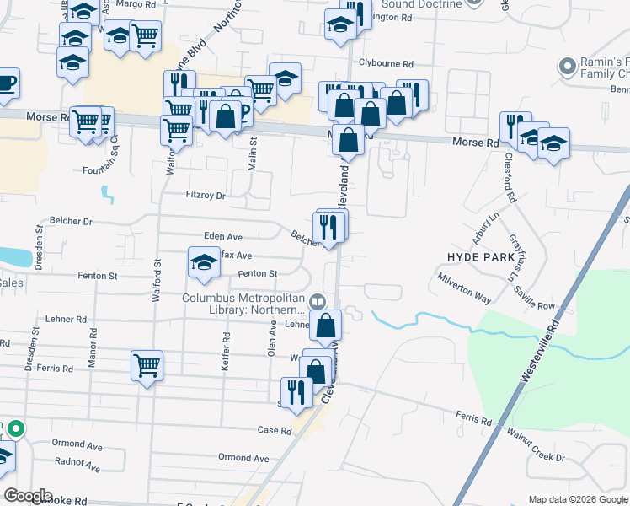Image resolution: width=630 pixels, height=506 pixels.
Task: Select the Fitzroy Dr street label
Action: (x=206, y=196)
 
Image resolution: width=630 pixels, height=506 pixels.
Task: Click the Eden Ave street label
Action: (x=223, y=238)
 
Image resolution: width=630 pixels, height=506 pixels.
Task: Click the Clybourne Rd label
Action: (x=386, y=64)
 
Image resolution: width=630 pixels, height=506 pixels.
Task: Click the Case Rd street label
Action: (x=275, y=430)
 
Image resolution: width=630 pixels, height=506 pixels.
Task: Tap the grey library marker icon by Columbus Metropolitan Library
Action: (x=318, y=300)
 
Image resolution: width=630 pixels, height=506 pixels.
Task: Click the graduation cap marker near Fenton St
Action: (x=204, y=264)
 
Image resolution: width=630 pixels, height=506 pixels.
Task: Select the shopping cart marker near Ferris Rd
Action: (x=147, y=365)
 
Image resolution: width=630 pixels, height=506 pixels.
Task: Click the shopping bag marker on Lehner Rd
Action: (x=325, y=324)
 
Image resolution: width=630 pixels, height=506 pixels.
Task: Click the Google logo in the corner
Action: (x=28, y=496)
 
